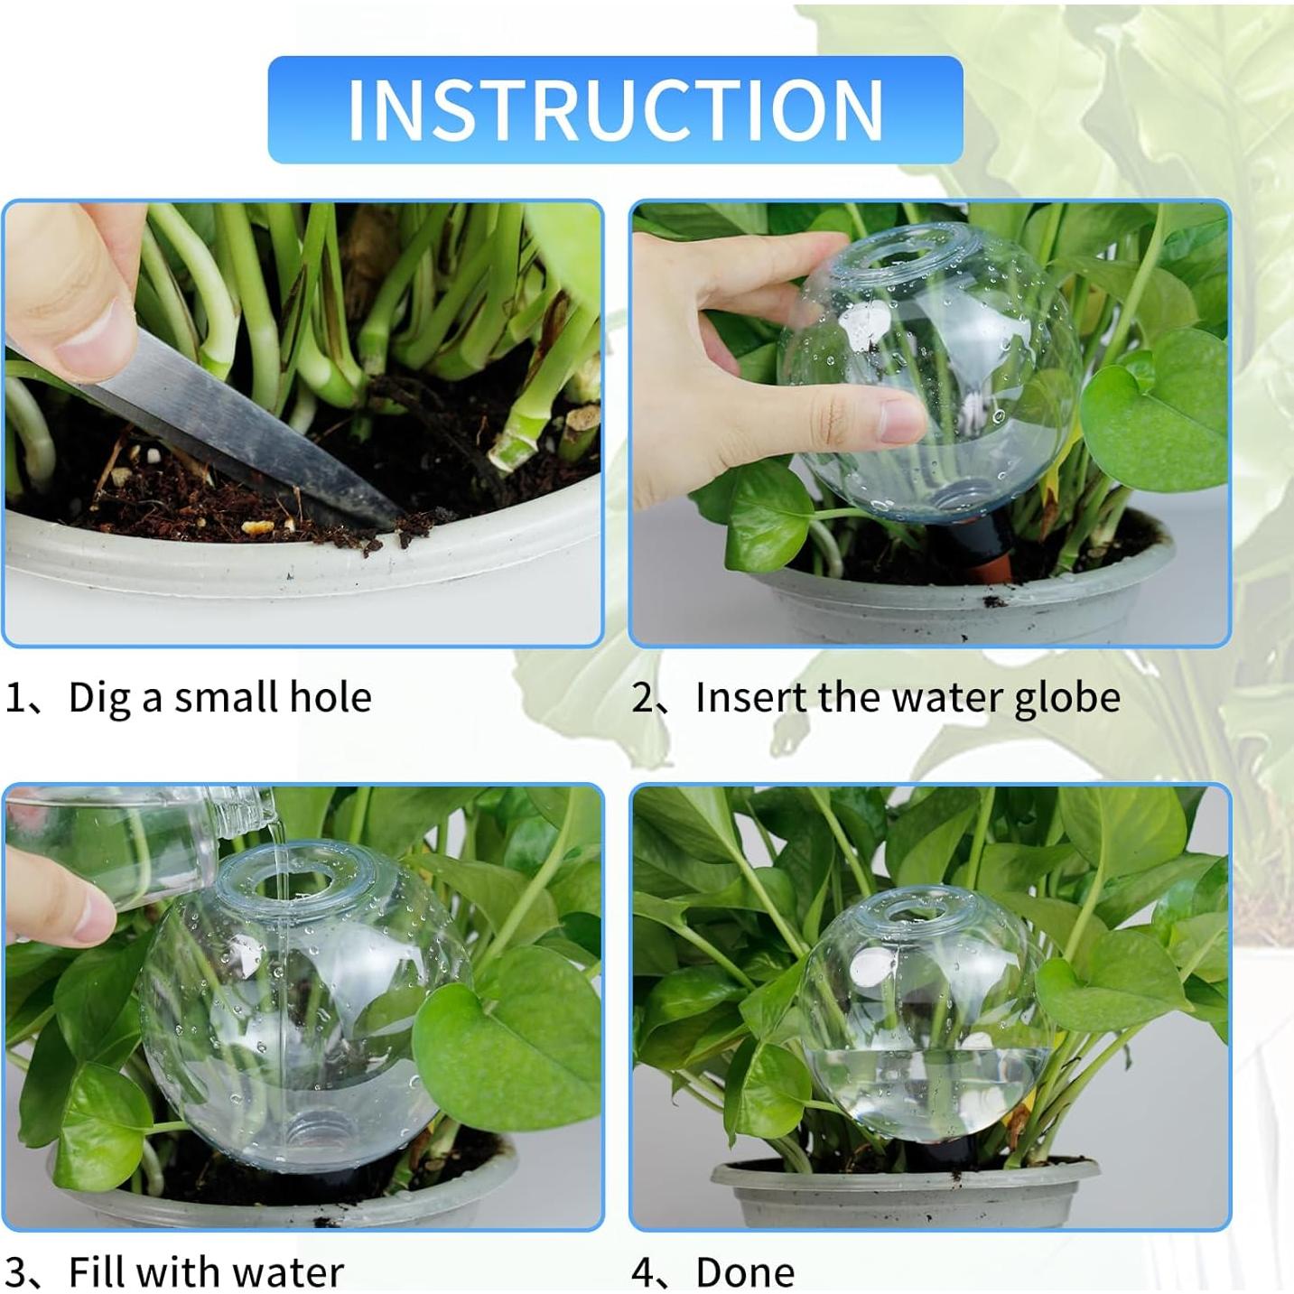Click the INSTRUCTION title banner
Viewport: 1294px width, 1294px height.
(x=615, y=109)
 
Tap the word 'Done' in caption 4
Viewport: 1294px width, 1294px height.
(x=745, y=1272)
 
